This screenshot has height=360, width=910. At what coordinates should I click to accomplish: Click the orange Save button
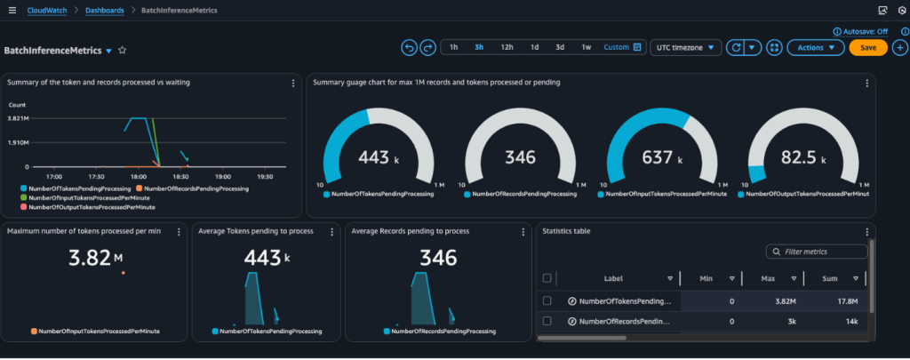pyautogui.click(x=867, y=48)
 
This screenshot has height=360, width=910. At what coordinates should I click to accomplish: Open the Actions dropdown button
pyautogui.click(x=815, y=48)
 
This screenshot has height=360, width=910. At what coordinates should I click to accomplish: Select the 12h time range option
pyautogui.click(x=507, y=47)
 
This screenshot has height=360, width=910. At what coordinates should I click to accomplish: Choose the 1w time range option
pyautogui.click(x=587, y=47)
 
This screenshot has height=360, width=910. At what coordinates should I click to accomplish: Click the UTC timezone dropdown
pyautogui.click(x=687, y=48)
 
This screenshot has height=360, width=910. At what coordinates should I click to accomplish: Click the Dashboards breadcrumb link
pyautogui.click(x=105, y=10)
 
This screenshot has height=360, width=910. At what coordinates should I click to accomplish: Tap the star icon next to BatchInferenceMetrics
pyautogui.click(x=123, y=51)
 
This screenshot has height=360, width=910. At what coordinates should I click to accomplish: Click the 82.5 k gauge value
pyautogui.click(x=803, y=157)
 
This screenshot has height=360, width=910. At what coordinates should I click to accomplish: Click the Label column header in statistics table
pyautogui.click(x=614, y=278)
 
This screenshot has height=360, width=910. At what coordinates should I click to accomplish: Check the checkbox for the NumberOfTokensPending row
pyautogui.click(x=547, y=301)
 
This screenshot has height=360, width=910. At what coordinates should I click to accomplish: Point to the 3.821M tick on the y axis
pyautogui.click(x=19, y=118)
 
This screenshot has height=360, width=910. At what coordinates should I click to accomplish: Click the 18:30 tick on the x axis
pyautogui.click(x=181, y=176)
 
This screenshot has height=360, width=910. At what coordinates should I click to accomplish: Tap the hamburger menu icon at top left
pyautogui.click(x=12, y=10)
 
